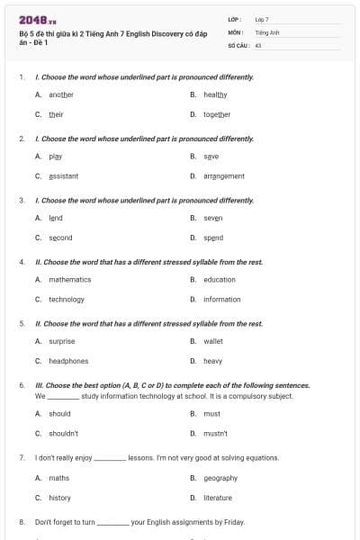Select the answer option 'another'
coord(61,94)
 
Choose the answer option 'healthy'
coord(215,94)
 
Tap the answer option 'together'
coord(217,114)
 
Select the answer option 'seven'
coord(213,218)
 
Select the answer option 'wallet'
coord(213,341)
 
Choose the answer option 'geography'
coord(220,478)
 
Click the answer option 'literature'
coord(218,498)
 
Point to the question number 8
coord(22,521)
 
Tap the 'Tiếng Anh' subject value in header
coord(267,31)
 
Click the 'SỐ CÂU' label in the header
coord(237,44)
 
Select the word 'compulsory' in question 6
coord(264,395)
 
